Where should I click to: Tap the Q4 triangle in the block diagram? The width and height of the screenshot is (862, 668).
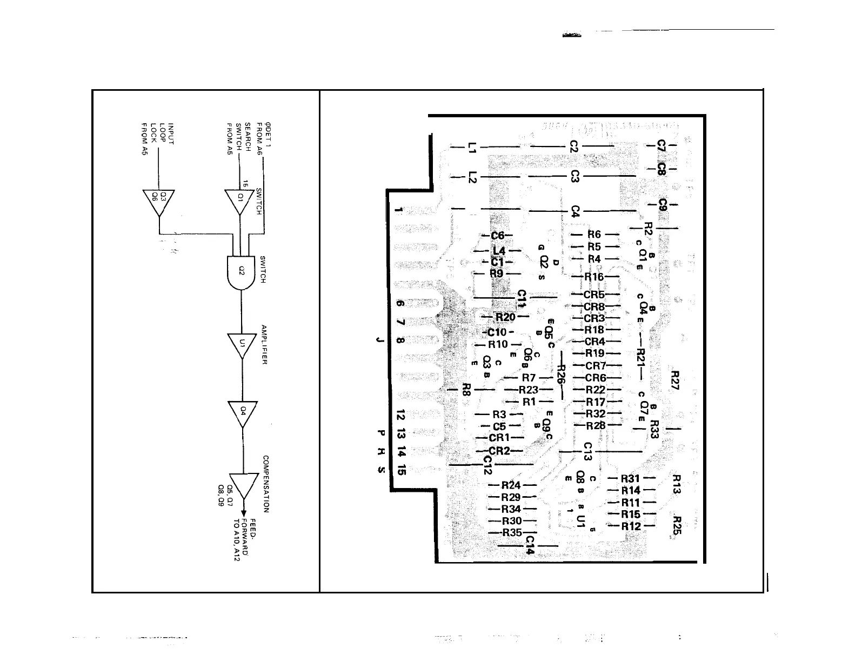[x=243, y=412]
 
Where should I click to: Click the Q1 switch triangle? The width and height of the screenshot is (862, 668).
[x=239, y=200]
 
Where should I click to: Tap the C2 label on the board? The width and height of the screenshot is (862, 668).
[x=574, y=146]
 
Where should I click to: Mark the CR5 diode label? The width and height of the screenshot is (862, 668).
[x=594, y=295]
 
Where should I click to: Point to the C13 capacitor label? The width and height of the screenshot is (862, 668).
[x=588, y=451]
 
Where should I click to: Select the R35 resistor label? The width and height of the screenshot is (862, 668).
[x=512, y=533]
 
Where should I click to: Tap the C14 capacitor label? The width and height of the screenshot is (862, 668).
[x=530, y=545]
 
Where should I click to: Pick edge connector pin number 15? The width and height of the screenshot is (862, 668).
[x=400, y=469]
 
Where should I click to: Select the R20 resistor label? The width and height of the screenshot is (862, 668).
[x=505, y=317]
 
